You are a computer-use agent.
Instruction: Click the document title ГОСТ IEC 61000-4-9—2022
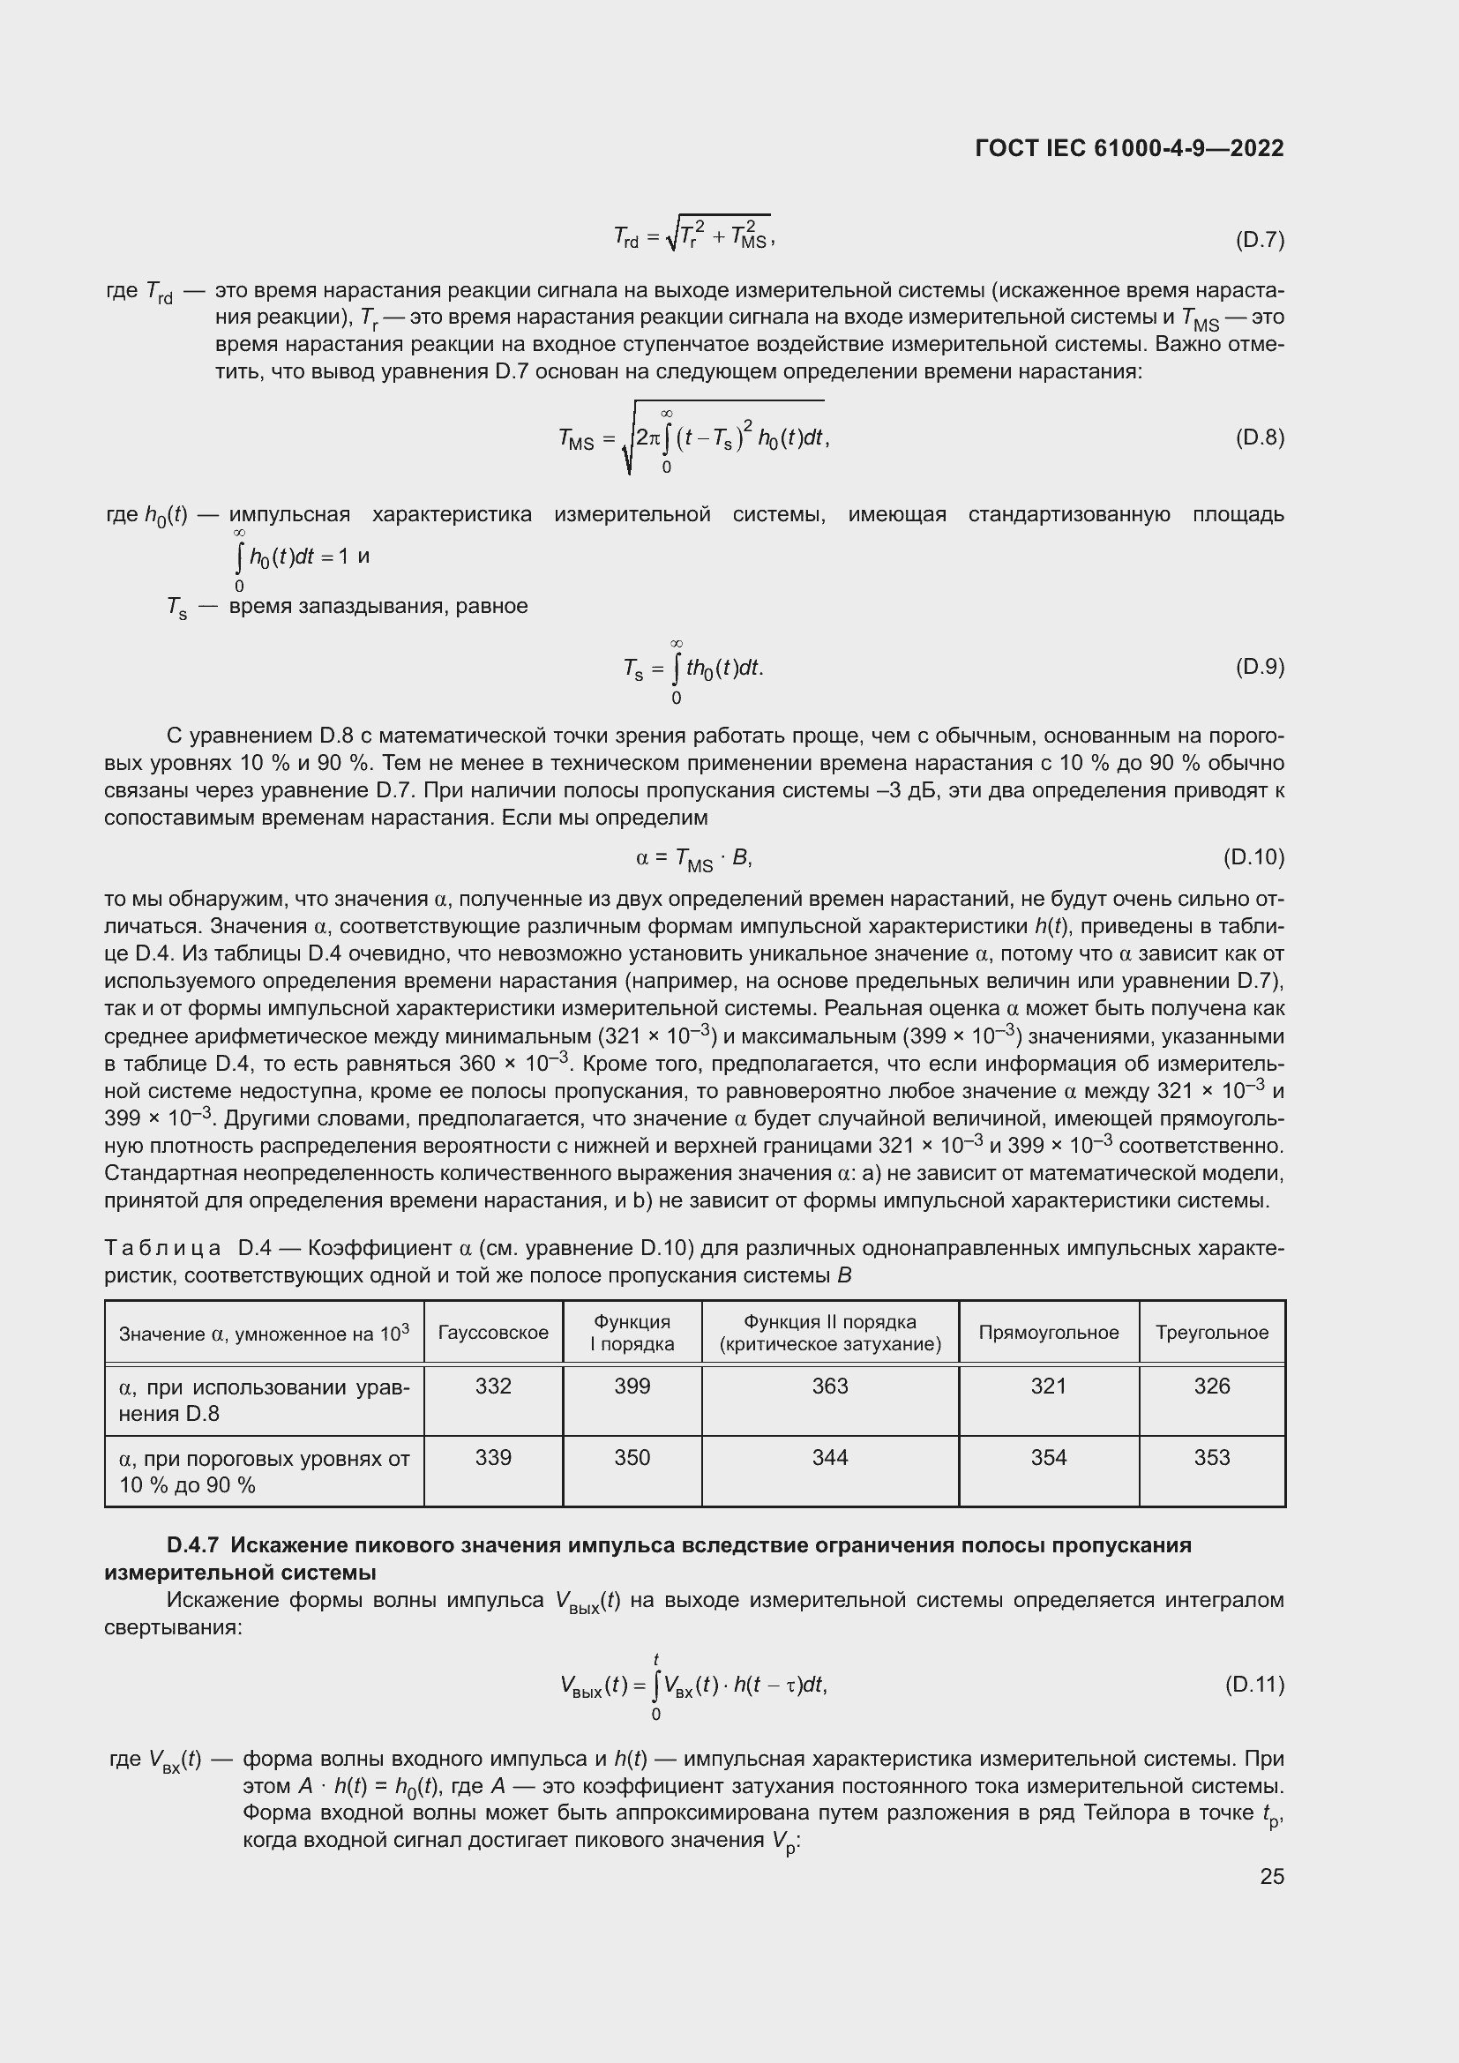(1128, 148)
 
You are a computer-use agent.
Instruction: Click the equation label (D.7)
(1260, 240)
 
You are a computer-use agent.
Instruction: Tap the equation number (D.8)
(1260, 437)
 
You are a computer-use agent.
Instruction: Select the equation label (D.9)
(1260, 667)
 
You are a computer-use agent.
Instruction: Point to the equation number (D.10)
(1253, 857)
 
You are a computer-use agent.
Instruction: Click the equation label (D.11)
(1254, 1684)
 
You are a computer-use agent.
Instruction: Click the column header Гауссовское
(493, 1333)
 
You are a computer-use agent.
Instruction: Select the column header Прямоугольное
(1049, 1333)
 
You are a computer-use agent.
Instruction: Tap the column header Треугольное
(1211, 1333)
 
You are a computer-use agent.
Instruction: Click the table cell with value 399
(632, 1387)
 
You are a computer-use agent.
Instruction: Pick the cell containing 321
(1049, 1387)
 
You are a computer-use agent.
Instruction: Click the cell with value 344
(829, 1457)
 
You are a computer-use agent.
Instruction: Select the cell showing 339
(493, 1457)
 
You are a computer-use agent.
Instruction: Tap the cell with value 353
(1211, 1457)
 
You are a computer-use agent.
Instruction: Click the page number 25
(1271, 1876)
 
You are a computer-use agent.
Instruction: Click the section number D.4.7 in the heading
(192, 1545)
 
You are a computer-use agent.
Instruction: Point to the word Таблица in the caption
(162, 1248)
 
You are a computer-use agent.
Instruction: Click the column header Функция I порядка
(632, 1333)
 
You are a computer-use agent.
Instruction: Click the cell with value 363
(829, 1387)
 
